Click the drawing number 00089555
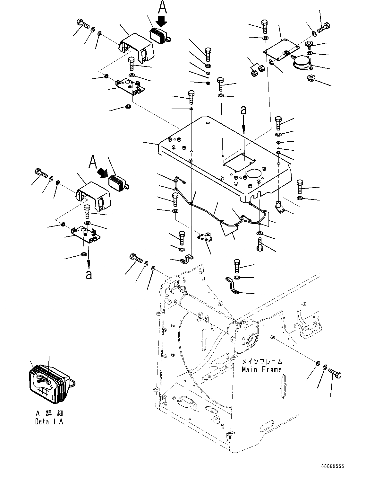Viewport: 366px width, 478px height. [x=333, y=466]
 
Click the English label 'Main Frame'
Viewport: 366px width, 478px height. [x=262, y=369]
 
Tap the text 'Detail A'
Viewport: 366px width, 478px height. [x=49, y=422]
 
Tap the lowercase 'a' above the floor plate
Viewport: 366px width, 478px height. [x=244, y=110]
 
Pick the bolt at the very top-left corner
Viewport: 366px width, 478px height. [x=83, y=24]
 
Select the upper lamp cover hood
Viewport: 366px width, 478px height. [x=137, y=49]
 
